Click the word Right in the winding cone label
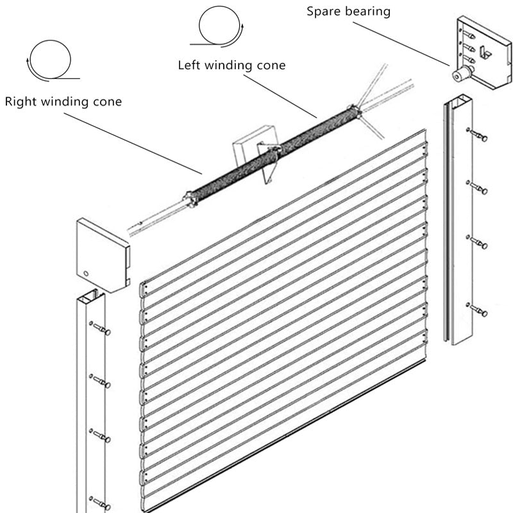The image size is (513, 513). pos(20,101)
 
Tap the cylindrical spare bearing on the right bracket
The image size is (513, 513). pos(460,75)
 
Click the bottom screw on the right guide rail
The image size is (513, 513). pos(478,311)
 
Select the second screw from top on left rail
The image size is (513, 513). pos(102,382)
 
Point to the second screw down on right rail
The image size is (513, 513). pos(479,189)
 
